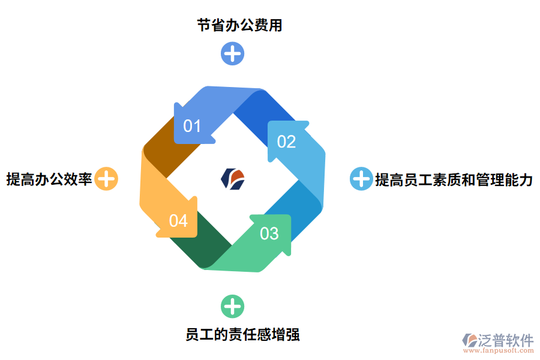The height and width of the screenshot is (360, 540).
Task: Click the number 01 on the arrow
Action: (x=192, y=126)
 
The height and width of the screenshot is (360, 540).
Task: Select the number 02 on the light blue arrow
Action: (x=286, y=142)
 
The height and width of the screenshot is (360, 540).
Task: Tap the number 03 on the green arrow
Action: (x=269, y=233)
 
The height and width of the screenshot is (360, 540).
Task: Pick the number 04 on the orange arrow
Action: (x=178, y=221)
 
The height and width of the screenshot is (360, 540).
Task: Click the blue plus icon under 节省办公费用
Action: (x=232, y=53)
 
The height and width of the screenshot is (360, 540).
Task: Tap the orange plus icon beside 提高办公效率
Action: (x=107, y=179)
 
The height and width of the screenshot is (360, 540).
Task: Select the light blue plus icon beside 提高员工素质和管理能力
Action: (x=361, y=179)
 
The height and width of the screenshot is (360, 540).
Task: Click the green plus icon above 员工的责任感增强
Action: (x=232, y=307)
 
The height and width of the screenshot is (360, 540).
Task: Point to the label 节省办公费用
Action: (x=239, y=25)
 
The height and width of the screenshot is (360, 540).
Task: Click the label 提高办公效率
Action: (x=49, y=179)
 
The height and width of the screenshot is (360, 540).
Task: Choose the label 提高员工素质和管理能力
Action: (x=454, y=179)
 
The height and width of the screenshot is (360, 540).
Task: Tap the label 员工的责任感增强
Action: (x=242, y=334)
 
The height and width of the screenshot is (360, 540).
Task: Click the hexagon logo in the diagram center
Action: (x=233, y=179)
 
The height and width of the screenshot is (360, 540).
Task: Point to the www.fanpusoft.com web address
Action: (x=497, y=351)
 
